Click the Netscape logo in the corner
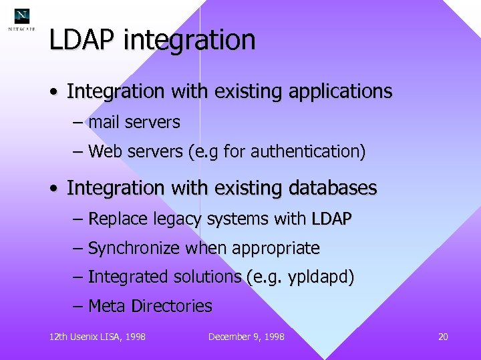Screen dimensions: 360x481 [22, 19]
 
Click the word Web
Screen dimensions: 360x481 [104, 152]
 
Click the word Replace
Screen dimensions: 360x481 [113, 219]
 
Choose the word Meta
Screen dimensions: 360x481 [107, 307]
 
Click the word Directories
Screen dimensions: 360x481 [172, 307]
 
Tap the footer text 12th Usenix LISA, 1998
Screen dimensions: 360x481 [98, 337]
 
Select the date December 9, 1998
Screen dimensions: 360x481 [246, 337]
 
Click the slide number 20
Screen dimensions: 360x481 [442, 337]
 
